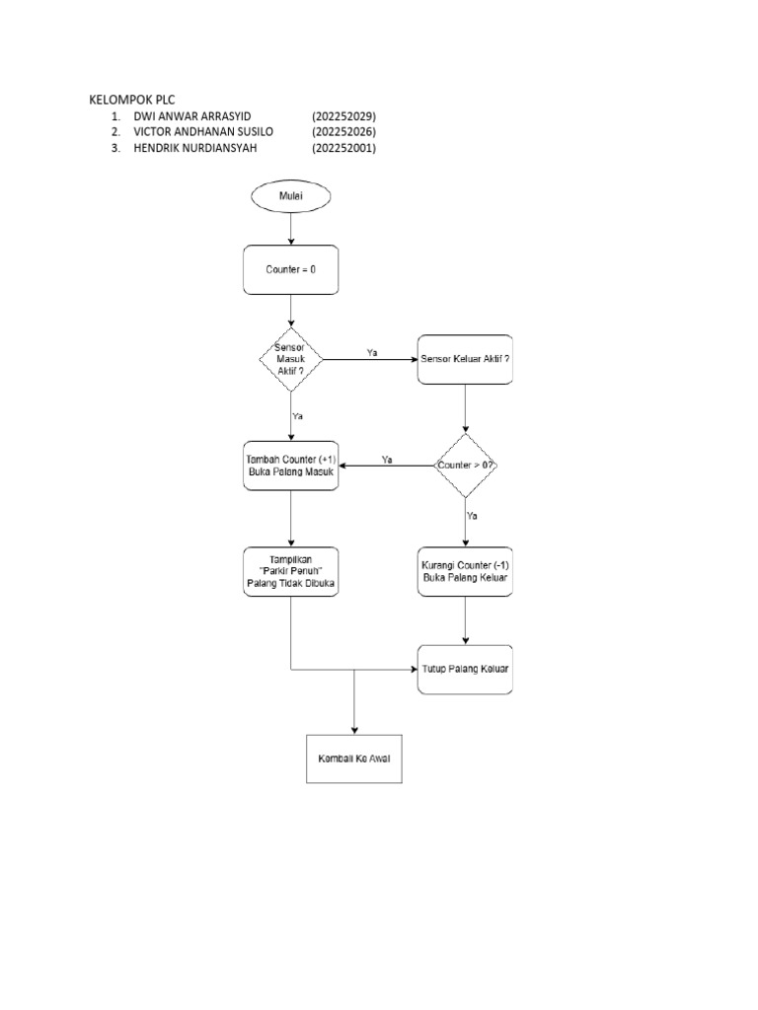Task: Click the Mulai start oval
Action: tap(290, 197)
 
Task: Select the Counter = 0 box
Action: tap(290, 269)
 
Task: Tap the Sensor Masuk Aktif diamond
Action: tap(290, 358)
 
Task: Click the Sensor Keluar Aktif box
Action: tap(465, 359)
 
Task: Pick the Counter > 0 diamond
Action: tap(465, 465)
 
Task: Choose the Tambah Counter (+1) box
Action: tap(290, 465)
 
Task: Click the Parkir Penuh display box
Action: tap(290, 571)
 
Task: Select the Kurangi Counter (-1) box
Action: tap(465, 571)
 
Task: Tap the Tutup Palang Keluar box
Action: tap(465, 669)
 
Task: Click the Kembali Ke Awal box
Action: tap(354, 758)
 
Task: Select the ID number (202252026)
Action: tap(344, 131)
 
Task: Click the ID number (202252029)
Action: tap(344, 115)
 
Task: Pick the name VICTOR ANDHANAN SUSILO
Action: tap(203, 131)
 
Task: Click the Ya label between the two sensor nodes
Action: tap(371, 351)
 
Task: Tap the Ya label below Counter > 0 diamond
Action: tap(472, 515)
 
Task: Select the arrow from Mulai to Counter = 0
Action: tap(290, 228)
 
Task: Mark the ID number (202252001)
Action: tap(344, 148)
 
